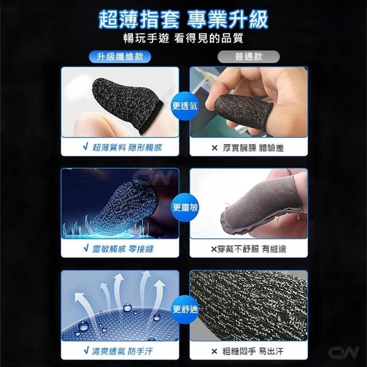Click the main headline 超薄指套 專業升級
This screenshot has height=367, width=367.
183,19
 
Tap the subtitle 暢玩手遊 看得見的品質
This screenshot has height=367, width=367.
183,38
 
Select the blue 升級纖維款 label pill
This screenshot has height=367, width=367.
120,57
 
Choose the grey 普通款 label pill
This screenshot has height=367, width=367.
248,57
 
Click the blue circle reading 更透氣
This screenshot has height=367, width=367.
185,106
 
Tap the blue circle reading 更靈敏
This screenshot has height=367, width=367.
185,208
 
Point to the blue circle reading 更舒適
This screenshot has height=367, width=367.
185,310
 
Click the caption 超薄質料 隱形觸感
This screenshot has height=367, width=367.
127,147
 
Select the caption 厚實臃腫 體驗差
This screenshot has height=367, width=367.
253,148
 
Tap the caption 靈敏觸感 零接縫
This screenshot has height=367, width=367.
123,249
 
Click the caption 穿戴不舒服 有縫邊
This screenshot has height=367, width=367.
252,249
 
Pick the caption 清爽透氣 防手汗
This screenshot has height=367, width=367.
122,351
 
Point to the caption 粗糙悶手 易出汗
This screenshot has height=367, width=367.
253,352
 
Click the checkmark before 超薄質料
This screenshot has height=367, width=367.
85,147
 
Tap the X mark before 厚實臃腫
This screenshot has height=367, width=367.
214,148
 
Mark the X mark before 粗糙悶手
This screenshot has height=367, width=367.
214,352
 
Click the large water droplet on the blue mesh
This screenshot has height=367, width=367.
84,326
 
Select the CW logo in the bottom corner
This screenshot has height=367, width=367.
343,352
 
